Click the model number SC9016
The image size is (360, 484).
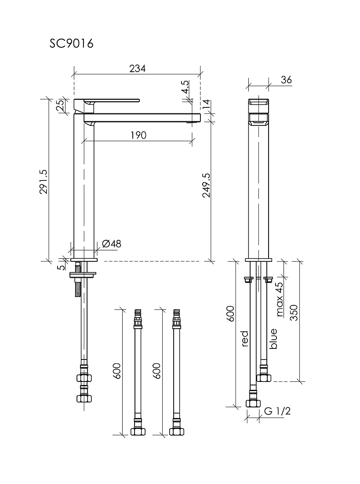tap(71, 44)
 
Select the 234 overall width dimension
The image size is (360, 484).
tap(137, 68)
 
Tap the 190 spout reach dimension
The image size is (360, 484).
tap(138, 135)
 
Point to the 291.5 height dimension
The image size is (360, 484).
tap(44, 181)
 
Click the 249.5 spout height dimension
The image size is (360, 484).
tap(207, 185)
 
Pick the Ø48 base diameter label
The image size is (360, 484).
tap(111, 244)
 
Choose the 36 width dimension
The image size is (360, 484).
tap(286, 80)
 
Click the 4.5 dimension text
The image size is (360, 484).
tap(185, 87)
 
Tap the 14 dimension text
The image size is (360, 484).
tap(206, 104)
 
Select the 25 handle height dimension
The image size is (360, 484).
tap(61, 105)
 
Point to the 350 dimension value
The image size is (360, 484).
tap(294, 312)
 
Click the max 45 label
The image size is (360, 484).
tap(280, 299)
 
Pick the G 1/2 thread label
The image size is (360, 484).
tap(277, 411)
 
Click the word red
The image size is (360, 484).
tap(244, 339)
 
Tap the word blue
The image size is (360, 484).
tap(273, 339)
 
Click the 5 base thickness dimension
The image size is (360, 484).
tap(62, 266)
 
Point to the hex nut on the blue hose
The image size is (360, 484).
tap(264, 378)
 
